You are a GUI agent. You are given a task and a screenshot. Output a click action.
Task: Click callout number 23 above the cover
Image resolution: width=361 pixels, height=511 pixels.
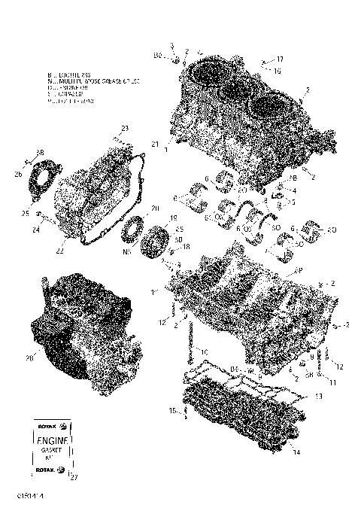(125, 128)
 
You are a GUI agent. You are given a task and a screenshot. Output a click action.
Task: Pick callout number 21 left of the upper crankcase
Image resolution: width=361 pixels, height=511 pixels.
(154, 143)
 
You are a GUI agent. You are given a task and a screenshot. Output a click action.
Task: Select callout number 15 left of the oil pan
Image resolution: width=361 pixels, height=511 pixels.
(172, 410)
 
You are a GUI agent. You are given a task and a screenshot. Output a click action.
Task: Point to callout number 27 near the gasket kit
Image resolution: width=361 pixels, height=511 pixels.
(73, 476)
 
